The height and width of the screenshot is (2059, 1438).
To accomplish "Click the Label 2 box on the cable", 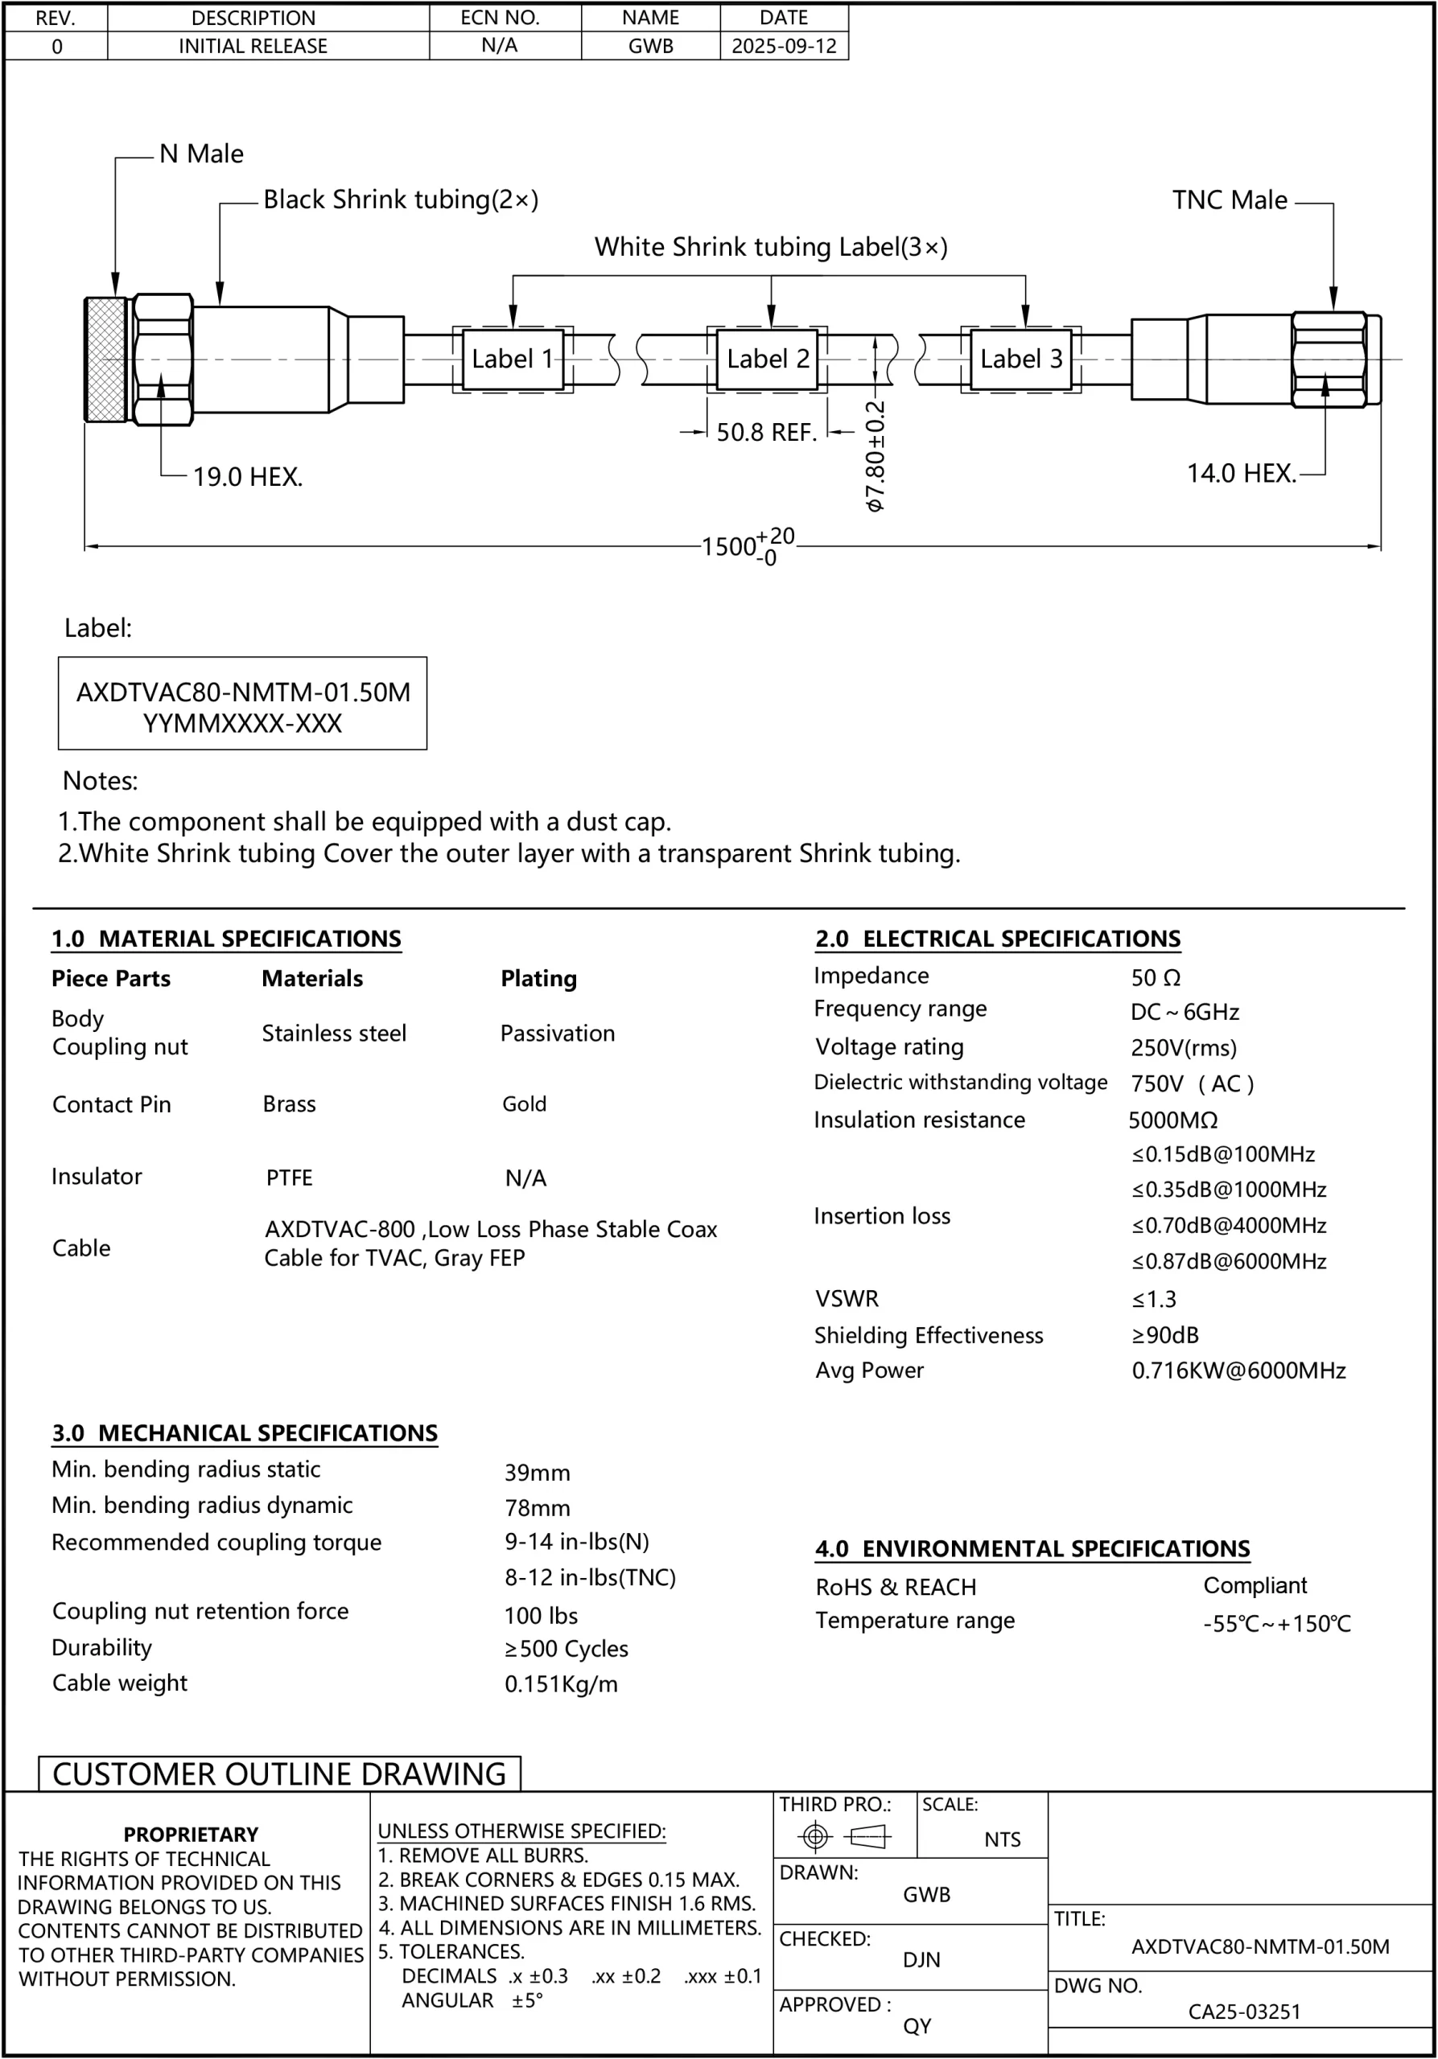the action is (x=768, y=359).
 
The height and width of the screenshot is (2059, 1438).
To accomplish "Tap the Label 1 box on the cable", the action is (x=513, y=359).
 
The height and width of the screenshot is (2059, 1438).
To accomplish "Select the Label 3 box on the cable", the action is (x=1021, y=359).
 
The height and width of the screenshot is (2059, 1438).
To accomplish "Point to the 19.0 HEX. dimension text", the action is (x=248, y=476).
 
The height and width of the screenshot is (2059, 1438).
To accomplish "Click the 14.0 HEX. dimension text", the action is (x=1242, y=473).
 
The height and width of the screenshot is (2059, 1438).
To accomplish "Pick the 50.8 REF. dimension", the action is (x=766, y=432).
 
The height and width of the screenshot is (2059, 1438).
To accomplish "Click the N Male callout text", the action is (x=201, y=154).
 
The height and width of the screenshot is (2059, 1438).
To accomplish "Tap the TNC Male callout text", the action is (x=1229, y=200).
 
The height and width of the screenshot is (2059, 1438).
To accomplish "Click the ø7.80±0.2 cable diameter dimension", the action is (x=876, y=455).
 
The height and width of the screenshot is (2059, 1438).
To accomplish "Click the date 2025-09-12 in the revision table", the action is (x=784, y=46).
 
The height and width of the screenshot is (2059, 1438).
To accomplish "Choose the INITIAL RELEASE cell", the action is (x=253, y=46).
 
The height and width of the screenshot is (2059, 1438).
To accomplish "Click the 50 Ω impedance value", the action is (x=1156, y=977).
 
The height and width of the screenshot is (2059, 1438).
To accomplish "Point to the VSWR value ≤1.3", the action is (x=1154, y=1298).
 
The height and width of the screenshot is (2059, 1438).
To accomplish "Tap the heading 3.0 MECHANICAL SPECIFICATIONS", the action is (x=245, y=1432).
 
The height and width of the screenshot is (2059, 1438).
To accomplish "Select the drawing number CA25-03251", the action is (x=1244, y=2012).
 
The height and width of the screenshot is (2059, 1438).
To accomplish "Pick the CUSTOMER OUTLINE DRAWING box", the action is (x=280, y=1773).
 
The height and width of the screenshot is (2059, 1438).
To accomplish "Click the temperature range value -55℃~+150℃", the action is (x=1276, y=1623).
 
